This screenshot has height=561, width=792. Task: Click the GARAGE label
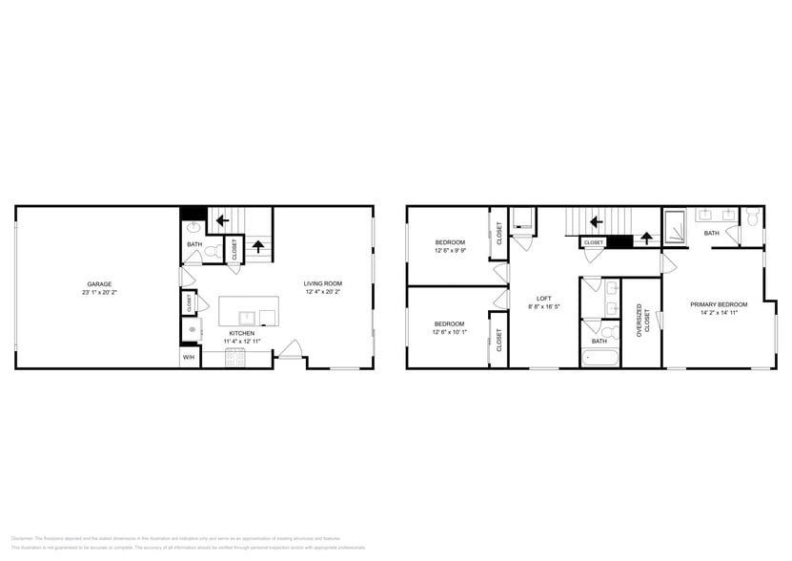click(99, 283)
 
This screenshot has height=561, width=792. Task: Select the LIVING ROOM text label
click(323, 283)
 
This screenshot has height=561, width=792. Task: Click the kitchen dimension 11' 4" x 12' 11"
click(242, 341)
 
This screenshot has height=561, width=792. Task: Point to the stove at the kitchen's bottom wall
click(236, 359)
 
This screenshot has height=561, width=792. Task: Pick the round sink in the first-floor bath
click(194, 228)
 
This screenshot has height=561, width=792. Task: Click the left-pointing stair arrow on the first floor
click(222, 220)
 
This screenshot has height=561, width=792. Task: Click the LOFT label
click(543, 298)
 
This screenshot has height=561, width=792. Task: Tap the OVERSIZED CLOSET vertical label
click(640, 321)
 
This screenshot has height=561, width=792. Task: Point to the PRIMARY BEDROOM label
click(719, 304)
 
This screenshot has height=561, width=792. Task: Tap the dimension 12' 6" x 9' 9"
click(450, 251)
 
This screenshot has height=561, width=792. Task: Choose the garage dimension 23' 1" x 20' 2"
click(99, 292)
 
